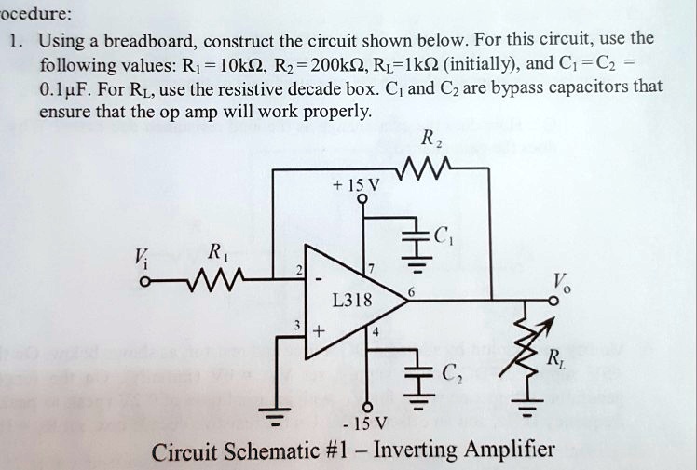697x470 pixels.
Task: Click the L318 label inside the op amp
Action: tap(352, 300)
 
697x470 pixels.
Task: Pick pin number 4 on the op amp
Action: tap(375, 331)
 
